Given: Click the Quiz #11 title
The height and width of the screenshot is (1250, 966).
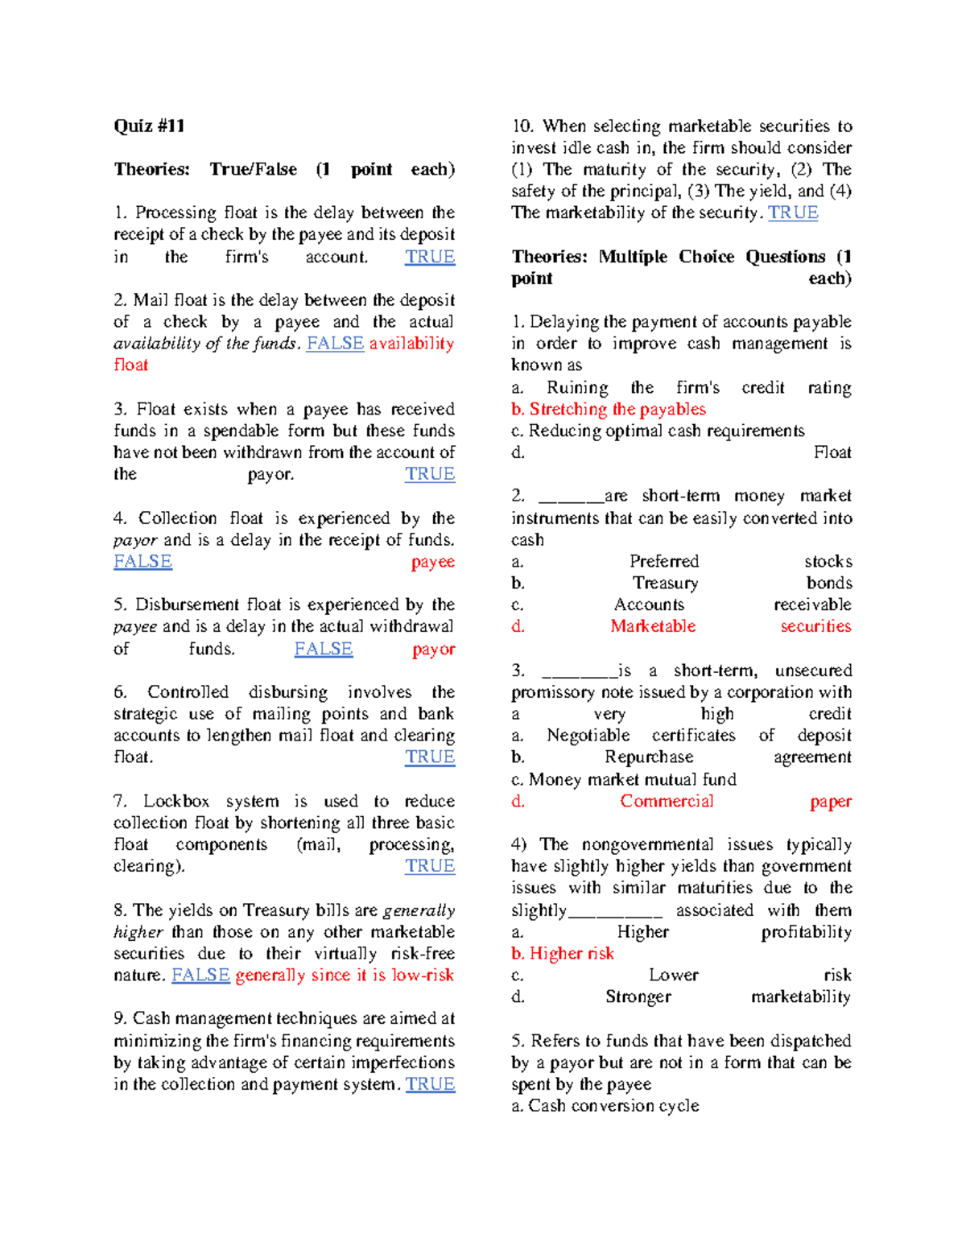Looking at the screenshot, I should click(x=149, y=126).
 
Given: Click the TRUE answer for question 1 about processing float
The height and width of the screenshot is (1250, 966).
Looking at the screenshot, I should click(x=430, y=257).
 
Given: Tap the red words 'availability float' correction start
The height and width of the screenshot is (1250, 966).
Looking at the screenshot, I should click(x=411, y=344).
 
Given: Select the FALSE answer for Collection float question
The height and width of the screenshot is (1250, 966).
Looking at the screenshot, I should click(x=142, y=561).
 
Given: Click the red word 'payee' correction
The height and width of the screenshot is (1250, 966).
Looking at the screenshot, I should click(x=432, y=562).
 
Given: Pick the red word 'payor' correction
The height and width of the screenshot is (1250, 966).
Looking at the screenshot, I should click(x=433, y=649).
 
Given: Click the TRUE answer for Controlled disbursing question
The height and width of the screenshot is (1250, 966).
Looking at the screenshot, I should click(x=430, y=757).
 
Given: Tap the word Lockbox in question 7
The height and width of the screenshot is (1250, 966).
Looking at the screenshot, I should click(x=176, y=801).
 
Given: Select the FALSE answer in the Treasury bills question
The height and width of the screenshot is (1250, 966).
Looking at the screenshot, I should click(x=200, y=975).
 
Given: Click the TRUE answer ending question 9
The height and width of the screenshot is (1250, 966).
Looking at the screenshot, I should click(x=430, y=1084).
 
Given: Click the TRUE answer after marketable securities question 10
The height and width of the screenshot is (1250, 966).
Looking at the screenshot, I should click(x=793, y=212).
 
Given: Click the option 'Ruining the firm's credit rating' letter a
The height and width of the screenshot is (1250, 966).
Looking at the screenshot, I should click(x=518, y=387).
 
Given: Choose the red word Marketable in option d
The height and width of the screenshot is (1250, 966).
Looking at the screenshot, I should click(x=653, y=626).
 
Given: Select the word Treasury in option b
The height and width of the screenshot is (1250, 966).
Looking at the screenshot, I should click(x=665, y=583).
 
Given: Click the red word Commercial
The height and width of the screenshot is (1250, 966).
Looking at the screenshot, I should click(x=667, y=801).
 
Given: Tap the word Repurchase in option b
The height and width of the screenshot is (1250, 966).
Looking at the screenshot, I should click(x=649, y=757).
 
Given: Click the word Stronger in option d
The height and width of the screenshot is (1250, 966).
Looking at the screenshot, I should click(x=638, y=996).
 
